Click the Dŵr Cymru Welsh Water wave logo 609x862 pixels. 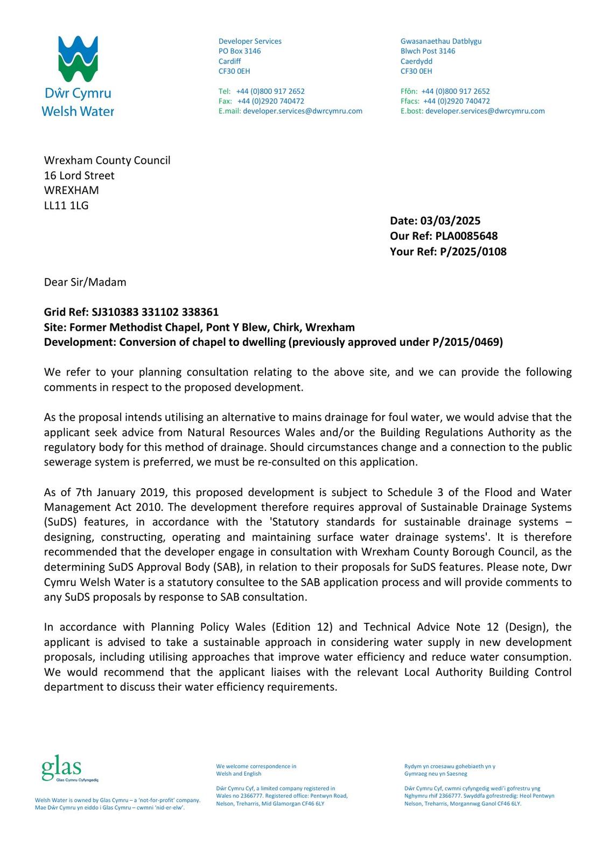pyautogui.click(x=78, y=59)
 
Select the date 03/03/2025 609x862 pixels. pyautogui.click(x=450, y=221)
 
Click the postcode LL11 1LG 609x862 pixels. pyautogui.click(x=66, y=205)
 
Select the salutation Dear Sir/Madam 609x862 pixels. pyautogui.click(x=85, y=282)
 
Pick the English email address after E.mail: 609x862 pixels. pyautogui.click(x=303, y=111)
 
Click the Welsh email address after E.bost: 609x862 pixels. pyautogui.click(x=485, y=111)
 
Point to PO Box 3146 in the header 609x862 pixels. pyautogui.click(x=240, y=51)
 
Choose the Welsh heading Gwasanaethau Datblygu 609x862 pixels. pyautogui.click(x=441, y=41)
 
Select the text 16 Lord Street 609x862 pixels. pyautogui.click(x=79, y=176)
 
